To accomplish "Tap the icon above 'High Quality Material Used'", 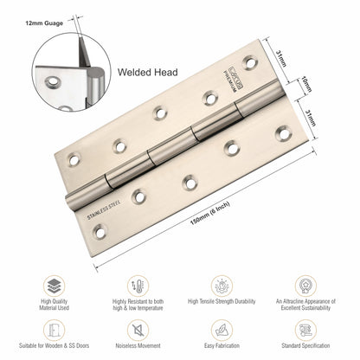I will click(x=55, y=286).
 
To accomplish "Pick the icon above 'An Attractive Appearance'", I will click(x=305, y=286).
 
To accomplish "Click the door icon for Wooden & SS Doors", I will click(x=55, y=329).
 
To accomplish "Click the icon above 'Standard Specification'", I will click(x=305, y=329).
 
